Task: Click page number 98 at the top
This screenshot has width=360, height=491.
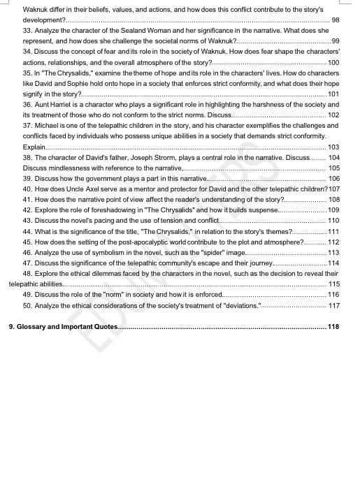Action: tap(335, 21)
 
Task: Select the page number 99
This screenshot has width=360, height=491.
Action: tap(335, 42)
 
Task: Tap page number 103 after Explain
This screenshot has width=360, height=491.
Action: tap(333, 147)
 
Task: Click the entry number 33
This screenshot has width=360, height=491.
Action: tap(27, 31)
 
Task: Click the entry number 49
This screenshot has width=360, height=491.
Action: tap(27, 295)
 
